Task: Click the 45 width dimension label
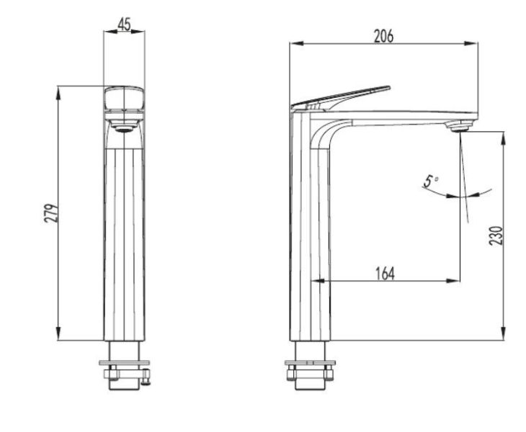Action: click(x=124, y=24)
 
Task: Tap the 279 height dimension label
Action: click(x=51, y=213)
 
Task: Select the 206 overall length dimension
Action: click(x=383, y=36)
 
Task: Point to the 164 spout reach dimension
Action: click(x=385, y=273)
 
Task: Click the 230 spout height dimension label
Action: click(x=496, y=235)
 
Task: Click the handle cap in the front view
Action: click(x=125, y=99)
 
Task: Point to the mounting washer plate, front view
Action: click(x=125, y=363)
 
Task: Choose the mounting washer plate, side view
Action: click(x=310, y=363)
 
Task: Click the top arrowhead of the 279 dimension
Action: click(x=58, y=93)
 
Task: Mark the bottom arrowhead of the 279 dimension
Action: click(x=58, y=334)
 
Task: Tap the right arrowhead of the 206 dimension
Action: click(x=471, y=43)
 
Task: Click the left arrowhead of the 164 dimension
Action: click(x=318, y=281)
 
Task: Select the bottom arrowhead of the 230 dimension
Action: click(x=503, y=334)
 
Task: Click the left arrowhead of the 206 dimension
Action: click(x=297, y=43)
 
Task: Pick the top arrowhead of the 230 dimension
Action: click(x=503, y=138)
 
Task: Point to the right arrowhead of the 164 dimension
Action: click(x=453, y=281)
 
